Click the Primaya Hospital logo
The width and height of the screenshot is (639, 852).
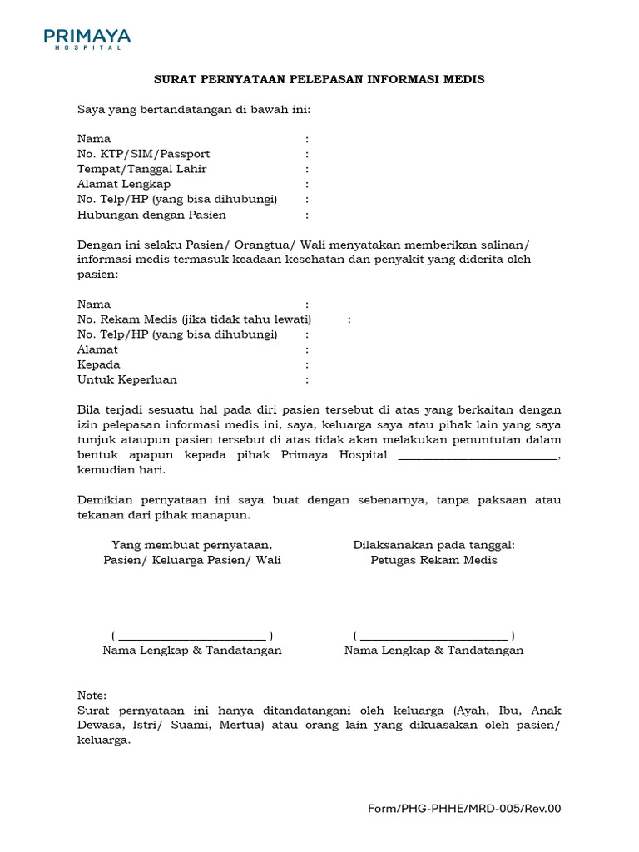click(x=87, y=38)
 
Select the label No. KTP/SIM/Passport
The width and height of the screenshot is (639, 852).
click(x=143, y=154)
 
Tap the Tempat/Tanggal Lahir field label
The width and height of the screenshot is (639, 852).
click(x=141, y=169)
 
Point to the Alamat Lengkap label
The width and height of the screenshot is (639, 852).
click(x=124, y=184)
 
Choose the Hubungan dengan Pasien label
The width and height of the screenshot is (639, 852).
click(x=151, y=215)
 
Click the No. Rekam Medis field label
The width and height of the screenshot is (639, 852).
click(x=194, y=319)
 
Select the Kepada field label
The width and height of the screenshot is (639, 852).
click(x=98, y=364)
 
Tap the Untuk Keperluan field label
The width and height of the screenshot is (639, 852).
click(x=127, y=379)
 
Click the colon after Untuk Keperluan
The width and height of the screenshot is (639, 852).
click(x=307, y=380)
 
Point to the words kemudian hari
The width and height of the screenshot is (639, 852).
click(x=121, y=470)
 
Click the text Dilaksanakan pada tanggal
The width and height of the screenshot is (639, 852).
click(x=433, y=545)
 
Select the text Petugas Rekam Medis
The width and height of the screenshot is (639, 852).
click(x=433, y=560)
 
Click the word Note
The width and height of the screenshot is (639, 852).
click(x=92, y=695)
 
